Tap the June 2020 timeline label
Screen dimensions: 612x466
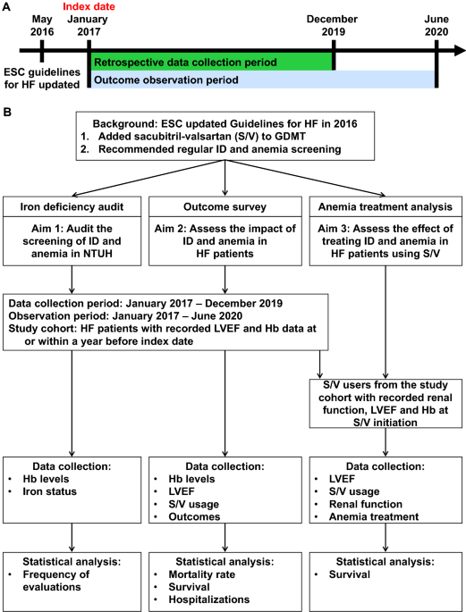[x=436, y=24]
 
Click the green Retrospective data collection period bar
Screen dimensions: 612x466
[x=211, y=61]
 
